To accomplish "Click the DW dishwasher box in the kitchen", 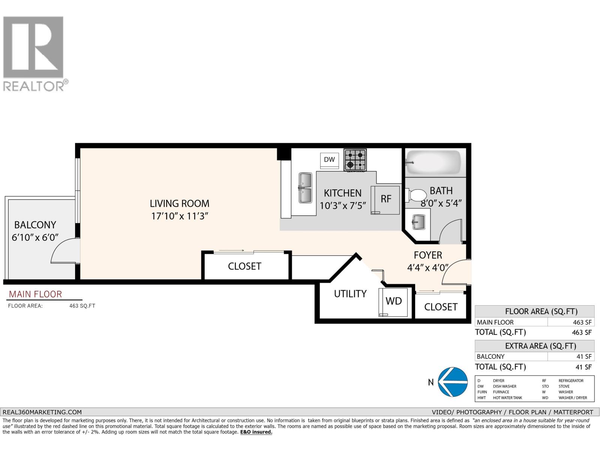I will click(x=329, y=159).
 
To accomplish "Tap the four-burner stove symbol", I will click(x=355, y=160).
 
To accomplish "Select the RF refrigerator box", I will click(x=385, y=199).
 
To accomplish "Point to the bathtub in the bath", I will click(x=433, y=162).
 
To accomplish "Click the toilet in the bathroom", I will click(x=416, y=195).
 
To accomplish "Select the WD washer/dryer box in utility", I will click(x=393, y=301).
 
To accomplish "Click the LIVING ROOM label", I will click(x=180, y=204).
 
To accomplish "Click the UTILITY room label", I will click(x=350, y=294).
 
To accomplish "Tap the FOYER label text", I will click(x=428, y=255).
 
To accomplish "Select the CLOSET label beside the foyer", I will click(x=441, y=307).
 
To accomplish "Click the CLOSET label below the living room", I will click(x=244, y=266).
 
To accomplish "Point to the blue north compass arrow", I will click(x=453, y=382).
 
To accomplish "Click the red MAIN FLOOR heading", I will click(x=35, y=294).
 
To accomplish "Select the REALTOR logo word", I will click(x=34, y=86).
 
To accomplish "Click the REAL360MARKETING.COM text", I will click(x=42, y=412).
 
